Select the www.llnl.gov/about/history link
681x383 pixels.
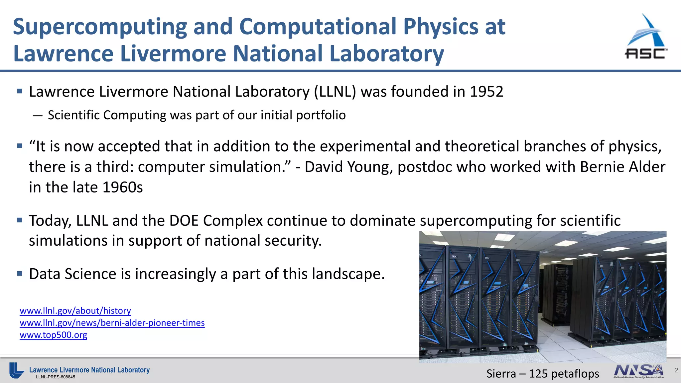75,311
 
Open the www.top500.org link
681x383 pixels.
53,335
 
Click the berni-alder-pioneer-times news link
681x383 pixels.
112,323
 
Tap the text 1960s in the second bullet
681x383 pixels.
122,188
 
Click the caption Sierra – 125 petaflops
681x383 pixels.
542,374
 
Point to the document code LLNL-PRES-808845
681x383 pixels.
56,377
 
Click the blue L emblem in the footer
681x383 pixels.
16,370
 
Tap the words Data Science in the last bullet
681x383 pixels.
72,274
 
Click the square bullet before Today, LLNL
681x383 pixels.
20,220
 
